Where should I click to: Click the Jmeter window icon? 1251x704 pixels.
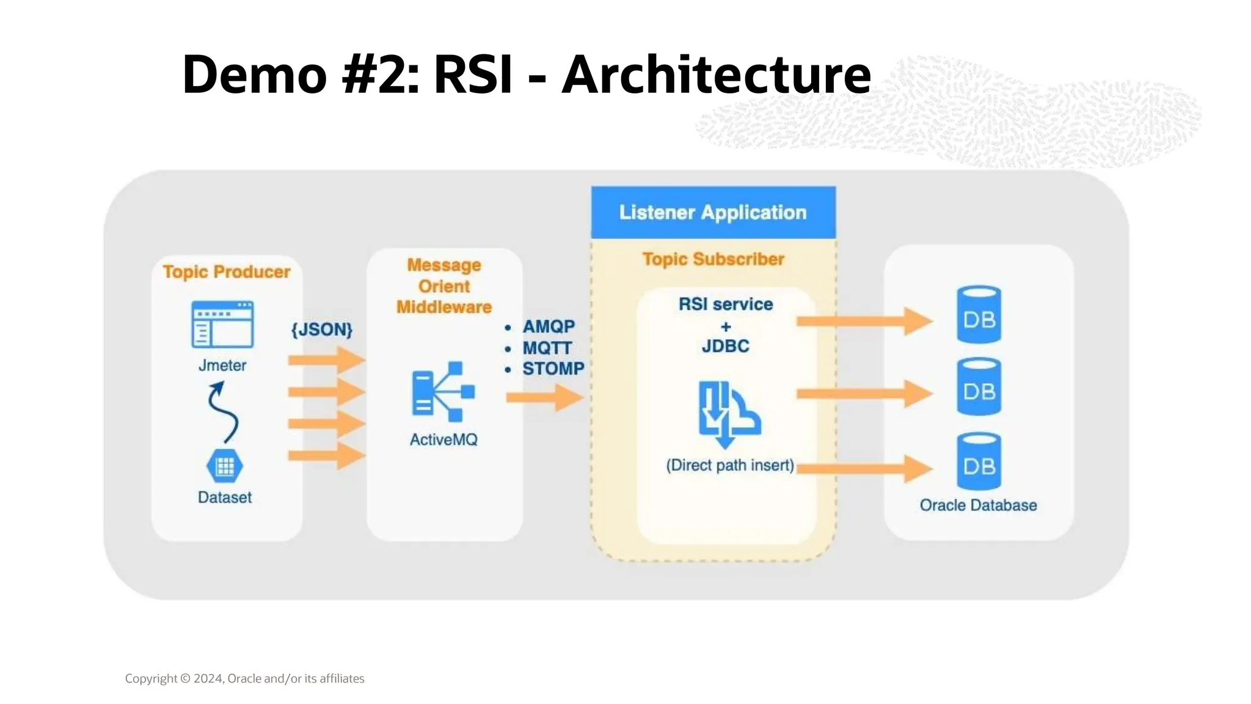tap(222, 324)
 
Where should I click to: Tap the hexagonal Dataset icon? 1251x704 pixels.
tap(225, 466)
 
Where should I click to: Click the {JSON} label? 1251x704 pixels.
tap(322, 329)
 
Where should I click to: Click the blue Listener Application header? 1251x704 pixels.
tap(713, 212)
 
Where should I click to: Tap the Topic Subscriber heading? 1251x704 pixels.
tap(713, 259)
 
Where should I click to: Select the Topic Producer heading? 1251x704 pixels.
tap(227, 271)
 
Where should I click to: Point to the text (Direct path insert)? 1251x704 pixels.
tap(730, 465)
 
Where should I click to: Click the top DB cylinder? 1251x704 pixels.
tap(979, 315)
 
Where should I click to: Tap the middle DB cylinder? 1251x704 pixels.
tap(979, 387)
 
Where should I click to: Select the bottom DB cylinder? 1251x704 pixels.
tap(979, 461)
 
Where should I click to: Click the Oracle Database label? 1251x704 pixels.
tap(978, 505)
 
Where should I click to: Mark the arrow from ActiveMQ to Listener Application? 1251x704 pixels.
tap(544, 398)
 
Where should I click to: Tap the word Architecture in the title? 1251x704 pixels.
tap(716, 75)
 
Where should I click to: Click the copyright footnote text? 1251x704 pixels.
tap(244, 678)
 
